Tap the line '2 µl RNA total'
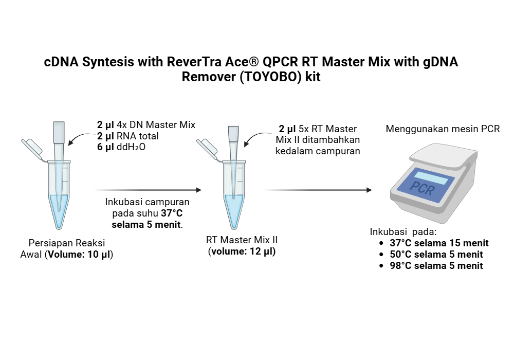pyautogui.click(x=128, y=136)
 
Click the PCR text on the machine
pyautogui.click(x=423, y=189)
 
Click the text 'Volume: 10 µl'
pyautogui.click(x=80, y=254)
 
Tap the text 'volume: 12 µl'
pyautogui.click(x=242, y=251)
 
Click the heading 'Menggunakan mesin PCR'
pyautogui.click(x=443, y=129)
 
